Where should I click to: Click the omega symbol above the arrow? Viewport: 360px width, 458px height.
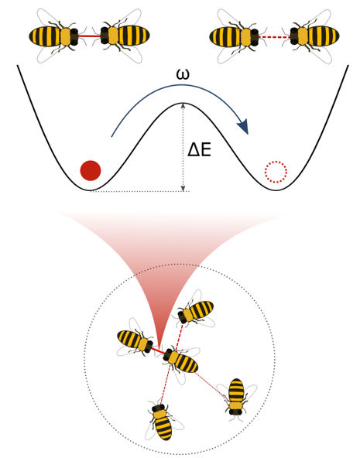(183, 74)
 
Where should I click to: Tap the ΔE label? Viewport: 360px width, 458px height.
(199, 151)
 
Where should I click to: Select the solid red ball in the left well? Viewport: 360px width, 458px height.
(91, 170)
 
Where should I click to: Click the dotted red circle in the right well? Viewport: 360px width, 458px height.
(276, 172)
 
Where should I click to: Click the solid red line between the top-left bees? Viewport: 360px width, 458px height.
(89, 36)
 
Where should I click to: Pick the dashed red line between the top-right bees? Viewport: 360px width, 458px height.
(274, 37)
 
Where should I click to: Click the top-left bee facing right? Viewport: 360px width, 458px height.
(57, 36)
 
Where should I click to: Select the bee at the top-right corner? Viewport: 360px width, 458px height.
(310, 36)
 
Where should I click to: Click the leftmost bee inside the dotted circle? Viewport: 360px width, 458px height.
(135, 341)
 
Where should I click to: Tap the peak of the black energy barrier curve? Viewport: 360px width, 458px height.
(183, 103)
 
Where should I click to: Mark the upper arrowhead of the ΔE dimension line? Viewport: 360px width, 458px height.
(183, 106)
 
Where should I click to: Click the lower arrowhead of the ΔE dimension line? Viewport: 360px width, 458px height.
(183, 189)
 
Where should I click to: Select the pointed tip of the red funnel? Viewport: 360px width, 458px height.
(159, 346)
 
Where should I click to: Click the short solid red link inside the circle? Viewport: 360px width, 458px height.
(158, 350)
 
